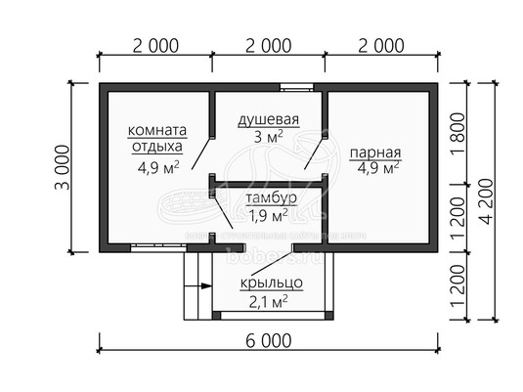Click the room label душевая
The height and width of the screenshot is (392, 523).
click(x=268, y=120)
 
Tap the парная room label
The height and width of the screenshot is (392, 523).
click(x=375, y=152)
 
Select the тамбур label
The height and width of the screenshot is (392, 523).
click(x=271, y=197)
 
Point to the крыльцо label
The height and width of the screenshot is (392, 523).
click(x=271, y=283)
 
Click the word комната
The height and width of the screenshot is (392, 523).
click(x=157, y=130)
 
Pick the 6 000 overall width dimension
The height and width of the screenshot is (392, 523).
click(x=269, y=341)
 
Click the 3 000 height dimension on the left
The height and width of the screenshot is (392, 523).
click(x=63, y=167)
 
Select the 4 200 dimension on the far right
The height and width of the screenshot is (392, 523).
click(x=486, y=201)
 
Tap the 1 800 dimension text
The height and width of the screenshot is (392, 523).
click(x=458, y=133)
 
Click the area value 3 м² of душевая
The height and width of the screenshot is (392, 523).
click(x=268, y=137)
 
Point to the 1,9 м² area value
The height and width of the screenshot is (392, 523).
click(x=269, y=216)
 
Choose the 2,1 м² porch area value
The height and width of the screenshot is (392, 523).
click(x=269, y=302)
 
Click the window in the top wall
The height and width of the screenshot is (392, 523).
click(x=296, y=87)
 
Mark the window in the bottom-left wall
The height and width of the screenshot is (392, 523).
click(x=158, y=247)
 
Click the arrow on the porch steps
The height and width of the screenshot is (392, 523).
click(x=197, y=285)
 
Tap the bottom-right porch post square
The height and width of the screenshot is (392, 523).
click(x=329, y=316)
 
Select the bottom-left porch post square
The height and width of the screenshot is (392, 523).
click(x=216, y=316)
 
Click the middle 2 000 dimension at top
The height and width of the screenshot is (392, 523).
click(x=269, y=46)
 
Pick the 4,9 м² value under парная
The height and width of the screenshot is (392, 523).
click(x=378, y=168)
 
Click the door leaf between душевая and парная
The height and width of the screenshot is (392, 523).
click(x=314, y=152)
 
